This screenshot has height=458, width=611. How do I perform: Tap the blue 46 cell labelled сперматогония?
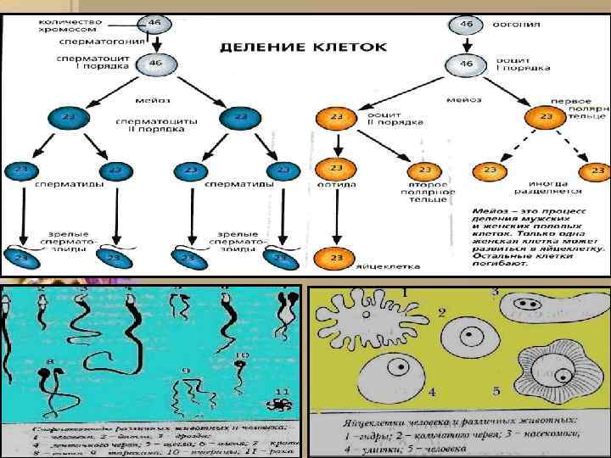pos(154,25)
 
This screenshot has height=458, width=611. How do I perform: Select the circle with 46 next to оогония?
pos(467,24)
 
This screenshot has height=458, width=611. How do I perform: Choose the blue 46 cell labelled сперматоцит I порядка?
pos(154,64)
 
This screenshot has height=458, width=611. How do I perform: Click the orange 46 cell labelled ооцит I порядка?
pos(467,64)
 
